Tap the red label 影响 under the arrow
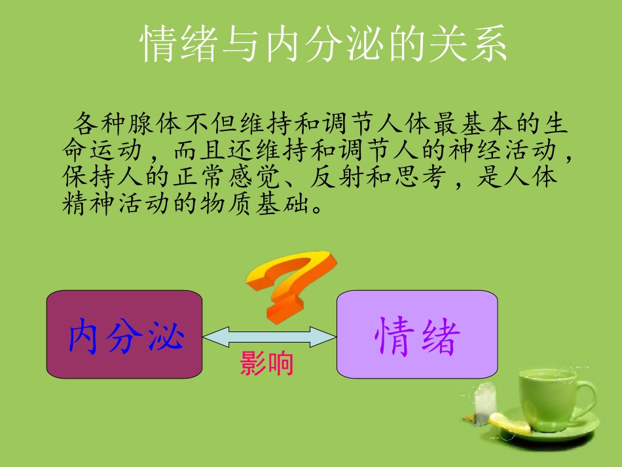(x=266, y=364)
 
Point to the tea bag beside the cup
(x=484, y=401)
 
